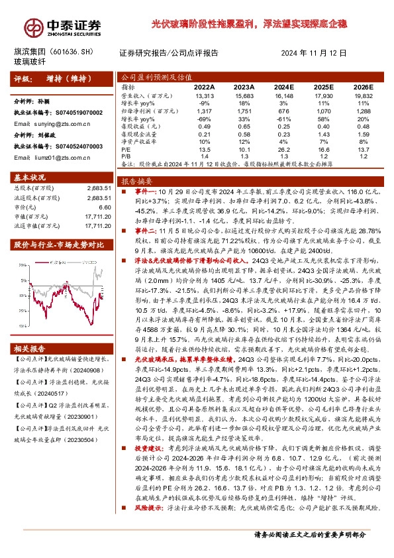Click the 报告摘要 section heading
[136, 180]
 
